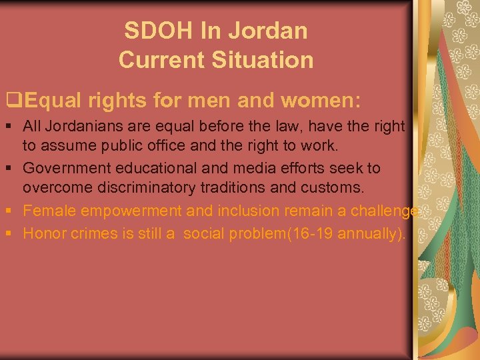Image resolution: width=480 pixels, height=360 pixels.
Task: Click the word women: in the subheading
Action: (321, 101)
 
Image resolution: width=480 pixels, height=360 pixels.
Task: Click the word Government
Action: (65, 169)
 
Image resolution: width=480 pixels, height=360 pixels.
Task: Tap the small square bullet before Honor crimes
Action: (11, 233)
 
